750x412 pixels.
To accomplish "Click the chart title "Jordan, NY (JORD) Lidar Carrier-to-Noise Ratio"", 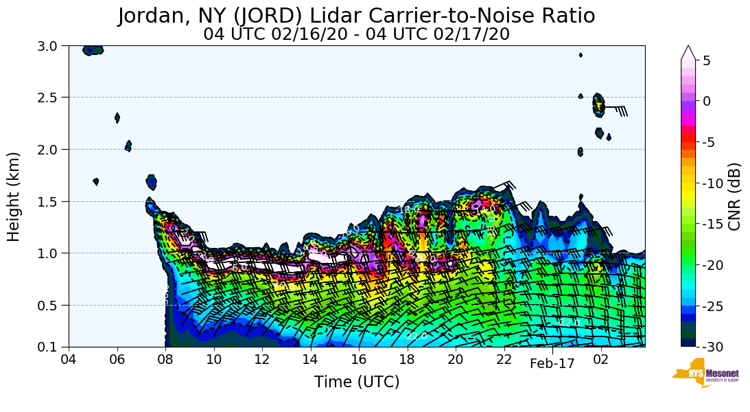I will click(x=356, y=16).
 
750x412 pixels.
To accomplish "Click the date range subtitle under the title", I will click(x=356, y=34).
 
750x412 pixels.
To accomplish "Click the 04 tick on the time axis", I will click(x=69, y=360).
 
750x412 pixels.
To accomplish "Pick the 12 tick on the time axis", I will click(x=262, y=360).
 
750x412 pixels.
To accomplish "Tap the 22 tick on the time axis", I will click(x=504, y=360).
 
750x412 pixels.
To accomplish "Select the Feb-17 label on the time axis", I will click(x=552, y=364).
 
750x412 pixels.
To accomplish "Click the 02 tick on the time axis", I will click(x=601, y=360).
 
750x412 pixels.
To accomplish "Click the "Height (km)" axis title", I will click(x=14, y=196).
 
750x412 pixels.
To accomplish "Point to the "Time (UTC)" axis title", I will click(x=356, y=382).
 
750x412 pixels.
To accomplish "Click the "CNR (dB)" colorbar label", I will click(x=734, y=196).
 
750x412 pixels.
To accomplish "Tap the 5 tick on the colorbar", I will click(x=707, y=60).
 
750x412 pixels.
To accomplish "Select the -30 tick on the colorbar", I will click(x=713, y=347).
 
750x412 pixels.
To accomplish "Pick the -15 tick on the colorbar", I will click(x=713, y=224).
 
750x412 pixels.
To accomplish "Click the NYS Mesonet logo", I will click(x=701, y=372).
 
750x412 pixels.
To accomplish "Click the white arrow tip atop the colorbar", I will click(x=688, y=52).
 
